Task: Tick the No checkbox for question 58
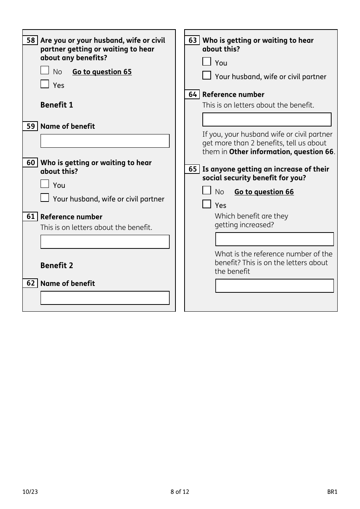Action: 45,70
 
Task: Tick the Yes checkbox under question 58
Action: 45,84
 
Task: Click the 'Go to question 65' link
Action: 102,72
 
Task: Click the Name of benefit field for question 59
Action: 105,141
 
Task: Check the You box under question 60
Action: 45,184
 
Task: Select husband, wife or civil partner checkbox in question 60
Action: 45,198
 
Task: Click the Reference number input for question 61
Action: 105,242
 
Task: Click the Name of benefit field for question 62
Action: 105,298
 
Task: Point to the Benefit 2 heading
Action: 57,265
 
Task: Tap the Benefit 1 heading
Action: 57,105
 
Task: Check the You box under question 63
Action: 207,62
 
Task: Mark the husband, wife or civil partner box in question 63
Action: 207,75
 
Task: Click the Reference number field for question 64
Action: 267,119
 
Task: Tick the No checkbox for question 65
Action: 207,190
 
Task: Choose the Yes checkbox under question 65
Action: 207,204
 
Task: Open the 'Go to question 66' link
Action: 264,192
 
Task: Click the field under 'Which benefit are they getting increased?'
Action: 274,239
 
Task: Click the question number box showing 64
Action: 193,94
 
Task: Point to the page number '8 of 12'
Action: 180,492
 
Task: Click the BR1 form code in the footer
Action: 332,492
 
